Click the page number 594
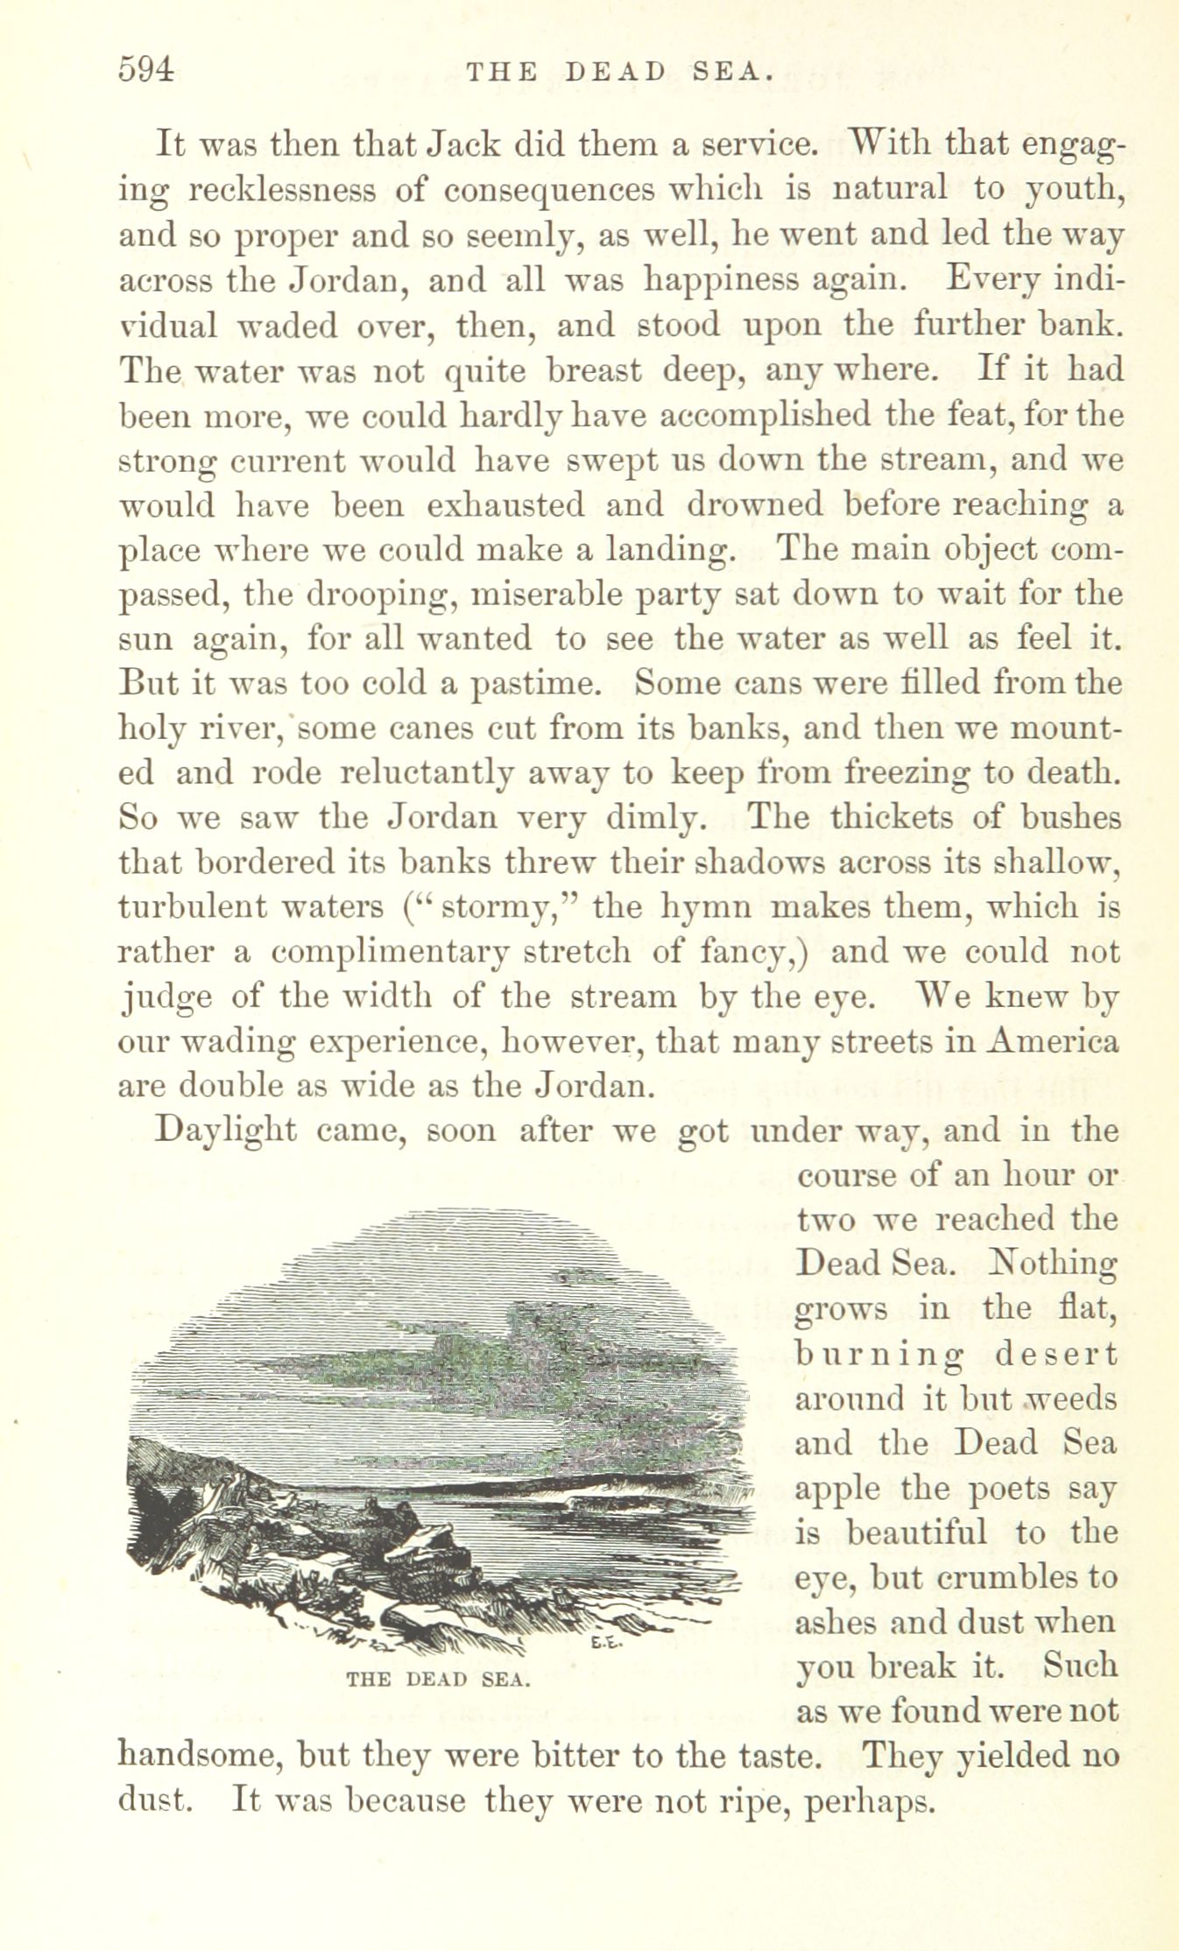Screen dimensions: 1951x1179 click(x=146, y=69)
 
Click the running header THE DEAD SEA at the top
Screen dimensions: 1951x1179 click(x=620, y=71)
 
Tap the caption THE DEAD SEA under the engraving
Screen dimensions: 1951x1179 click(x=438, y=1679)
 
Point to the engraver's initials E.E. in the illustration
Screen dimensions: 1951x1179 click(x=605, y=1642)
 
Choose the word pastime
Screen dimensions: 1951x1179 click(x=536, y=684)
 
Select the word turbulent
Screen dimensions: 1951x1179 click(x=192, y=906)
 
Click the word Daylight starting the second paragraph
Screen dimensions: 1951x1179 click(x=225, y=1130)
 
